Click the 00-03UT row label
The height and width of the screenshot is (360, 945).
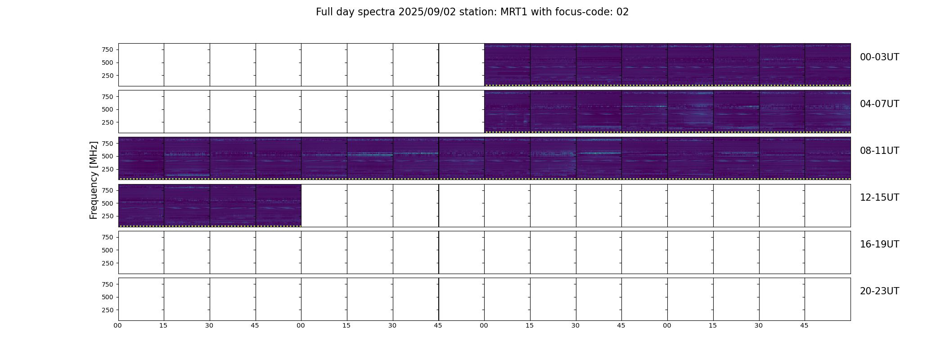pos(879,57)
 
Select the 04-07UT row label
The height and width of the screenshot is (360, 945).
pos(879,104)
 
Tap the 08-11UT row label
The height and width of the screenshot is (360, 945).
pos(879,151)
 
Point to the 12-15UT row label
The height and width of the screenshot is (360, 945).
pos(879,198)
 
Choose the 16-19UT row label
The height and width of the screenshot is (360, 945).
pos(879,244)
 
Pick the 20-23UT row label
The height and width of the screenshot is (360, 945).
pos(879,291)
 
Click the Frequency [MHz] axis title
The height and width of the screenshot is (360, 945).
pos(94,180)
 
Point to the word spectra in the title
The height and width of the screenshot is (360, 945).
pos(377,13)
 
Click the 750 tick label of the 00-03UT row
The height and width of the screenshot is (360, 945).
pos(108,49)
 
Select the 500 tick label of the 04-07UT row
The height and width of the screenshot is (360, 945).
pos(108,109)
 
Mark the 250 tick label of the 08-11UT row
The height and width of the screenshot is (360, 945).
pos(108,169)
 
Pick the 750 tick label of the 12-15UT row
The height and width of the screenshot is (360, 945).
pos(108,190)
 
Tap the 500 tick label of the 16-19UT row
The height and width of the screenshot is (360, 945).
pos(108,250)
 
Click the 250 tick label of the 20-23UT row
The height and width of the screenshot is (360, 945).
pos(108,310)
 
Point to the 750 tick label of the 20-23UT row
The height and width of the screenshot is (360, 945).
pos(108,284)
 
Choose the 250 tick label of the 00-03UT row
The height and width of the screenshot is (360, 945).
pos(108,76)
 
